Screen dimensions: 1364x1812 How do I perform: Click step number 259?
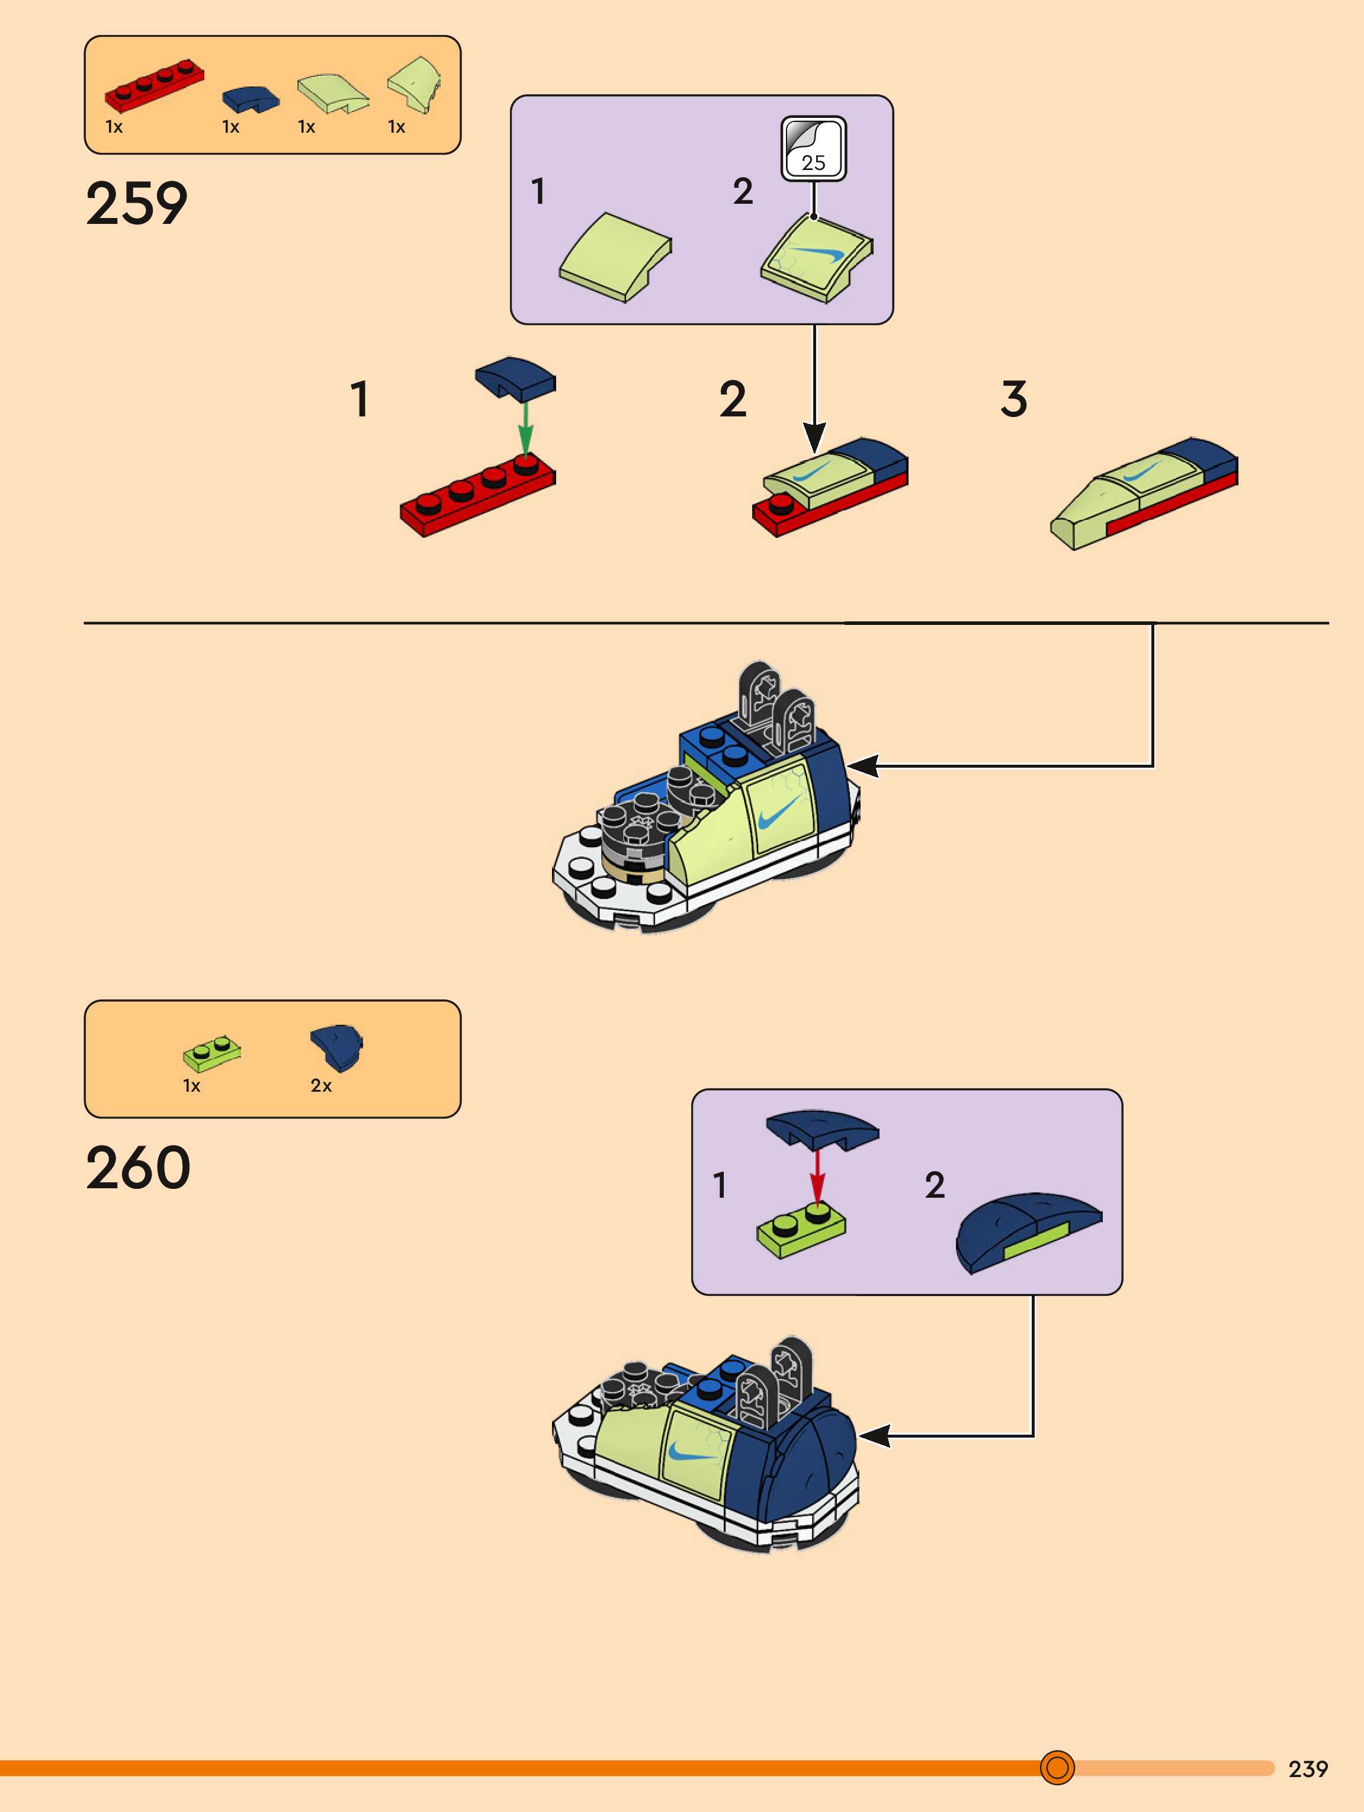tap(137, 203)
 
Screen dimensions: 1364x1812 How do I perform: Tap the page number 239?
tap(1308, 1769)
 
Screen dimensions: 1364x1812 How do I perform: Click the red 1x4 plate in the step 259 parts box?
tap(154, 84)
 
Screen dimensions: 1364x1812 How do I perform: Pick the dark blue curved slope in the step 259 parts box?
tap(250, 99)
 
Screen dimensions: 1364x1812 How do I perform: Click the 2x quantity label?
tap(320, 1085)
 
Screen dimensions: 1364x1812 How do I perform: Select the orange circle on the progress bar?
tap(1057, 1767)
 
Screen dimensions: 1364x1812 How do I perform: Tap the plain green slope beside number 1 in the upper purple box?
tap(615, 257)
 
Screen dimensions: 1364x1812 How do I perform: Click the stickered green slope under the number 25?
tap(816, 259)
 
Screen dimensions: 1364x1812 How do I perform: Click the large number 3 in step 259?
tap(1013, 399)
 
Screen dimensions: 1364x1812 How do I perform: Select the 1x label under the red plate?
tap(114, 127)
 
